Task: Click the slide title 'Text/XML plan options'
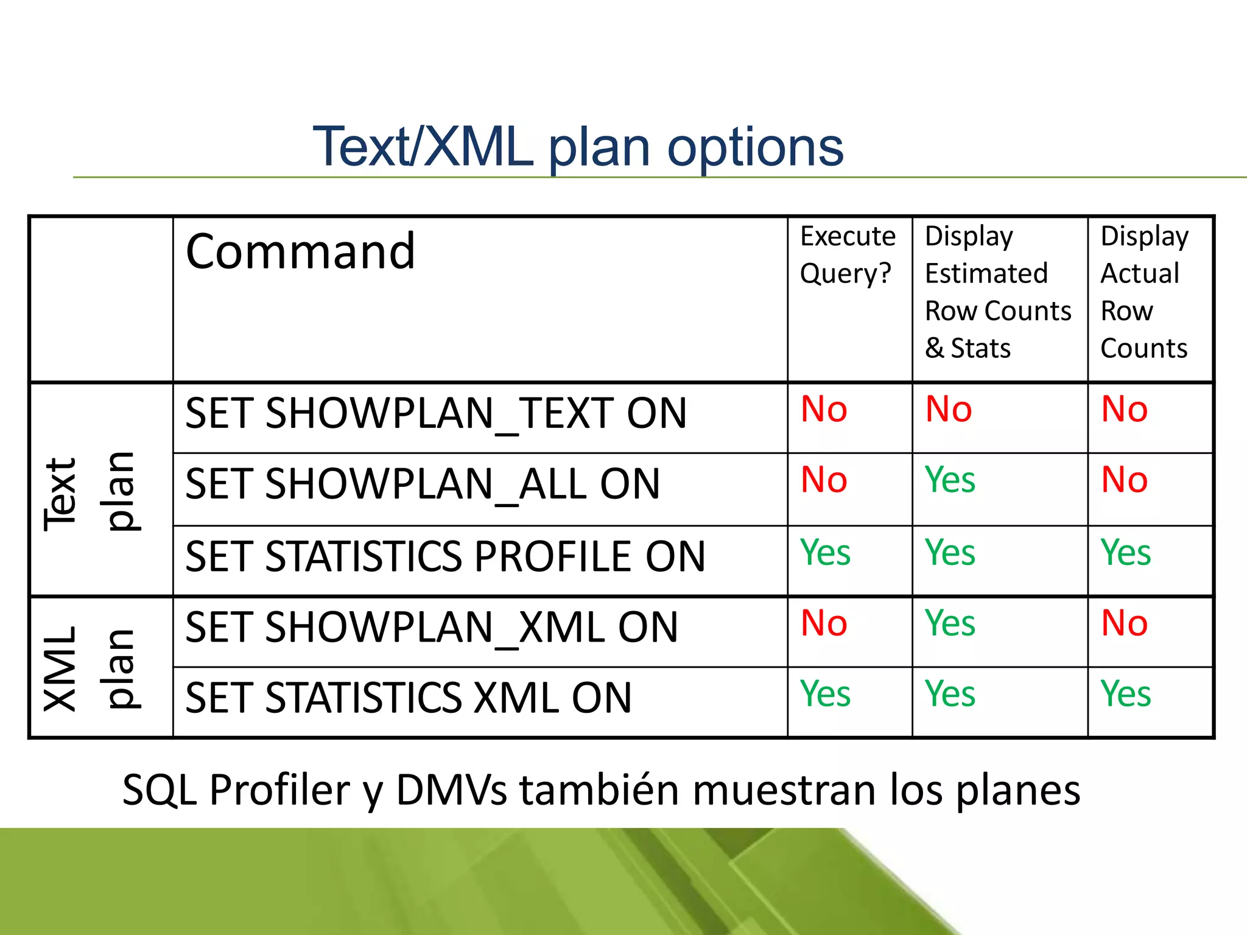pyautogui.click(x=577, y=147)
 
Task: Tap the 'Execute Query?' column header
pyautogui.click(x=848, y=254)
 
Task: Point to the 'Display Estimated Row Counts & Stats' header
pyautogui.click(x=997, y=292)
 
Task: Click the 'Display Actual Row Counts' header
pyautogui.click(x=1144, y=292)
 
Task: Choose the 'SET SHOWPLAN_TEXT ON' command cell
pyautogui.click(x=436, y=414)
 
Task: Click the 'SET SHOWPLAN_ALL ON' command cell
pyautogui.click(x=423, y=485)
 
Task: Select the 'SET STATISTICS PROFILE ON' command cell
pyautogui.click(x=445, y=556)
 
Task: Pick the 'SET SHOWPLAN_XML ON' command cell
pyautogui.click(x=431, y=628)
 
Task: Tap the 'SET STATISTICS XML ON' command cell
pyautogui.click(x=408, y=698)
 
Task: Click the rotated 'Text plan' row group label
pyautogui.click(x=90, y=492)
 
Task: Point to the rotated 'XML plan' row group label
pyautogui.click(x=90, y=668)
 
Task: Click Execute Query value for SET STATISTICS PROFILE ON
pyautogui.click(x=825, y=553)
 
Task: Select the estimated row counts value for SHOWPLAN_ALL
pyautogui.click(x=950, y=480)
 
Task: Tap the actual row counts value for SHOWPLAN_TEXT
pyautogui.click(x=1124, y=409)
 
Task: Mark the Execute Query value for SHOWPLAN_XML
pyautogui.click(x=824, y=623)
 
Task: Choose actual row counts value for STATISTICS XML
pyautogui.click(x=1125, y=694)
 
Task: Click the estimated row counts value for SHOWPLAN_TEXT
pyautogui.click(x=948, y=409)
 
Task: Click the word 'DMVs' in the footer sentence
pyautogui.click(x=451, y=790)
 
